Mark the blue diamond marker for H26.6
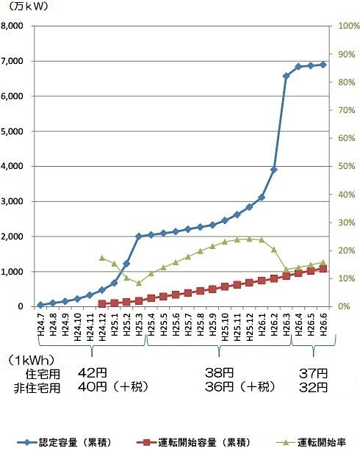coord(323,65)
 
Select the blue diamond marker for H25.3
coord(139,237)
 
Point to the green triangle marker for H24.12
coord(101,258)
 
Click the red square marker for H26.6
coord(323,269)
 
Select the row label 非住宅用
coord(36,386)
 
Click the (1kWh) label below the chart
coord(31,360)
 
